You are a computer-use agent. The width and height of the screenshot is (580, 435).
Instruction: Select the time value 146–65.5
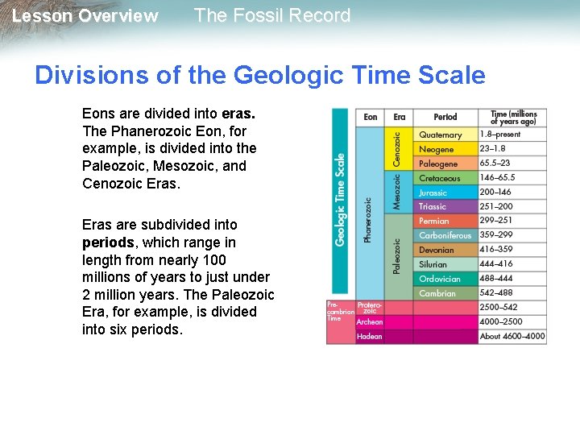click(x=497, y=178)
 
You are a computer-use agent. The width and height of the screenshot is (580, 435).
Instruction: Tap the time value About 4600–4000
click(x=512, y=337)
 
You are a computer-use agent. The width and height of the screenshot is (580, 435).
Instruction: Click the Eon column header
click(x=371, y=118)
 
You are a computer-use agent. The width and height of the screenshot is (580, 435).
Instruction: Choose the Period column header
click(x=445, y=118)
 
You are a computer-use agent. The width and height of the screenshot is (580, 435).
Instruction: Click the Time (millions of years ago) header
click(x=514, y=118)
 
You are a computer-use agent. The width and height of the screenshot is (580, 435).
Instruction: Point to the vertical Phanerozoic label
click(x=369, y=220)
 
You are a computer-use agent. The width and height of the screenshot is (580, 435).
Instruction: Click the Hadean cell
click(x=370, y=337)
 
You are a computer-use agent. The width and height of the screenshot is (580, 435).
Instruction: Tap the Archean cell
click(x=370, y=322)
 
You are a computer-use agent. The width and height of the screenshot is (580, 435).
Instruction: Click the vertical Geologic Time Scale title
click(x=341, y=200)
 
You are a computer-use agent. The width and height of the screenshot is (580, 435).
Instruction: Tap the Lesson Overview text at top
click(x=85, y=16)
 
